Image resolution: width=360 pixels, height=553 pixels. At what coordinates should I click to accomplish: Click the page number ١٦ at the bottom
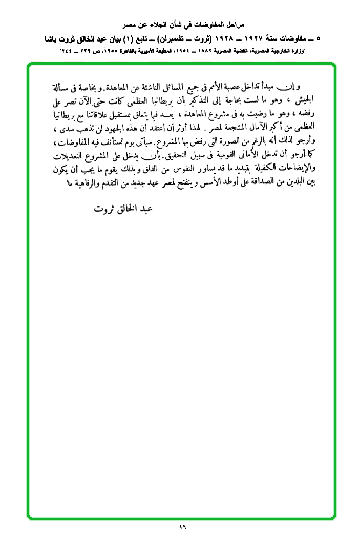point(183,528)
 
